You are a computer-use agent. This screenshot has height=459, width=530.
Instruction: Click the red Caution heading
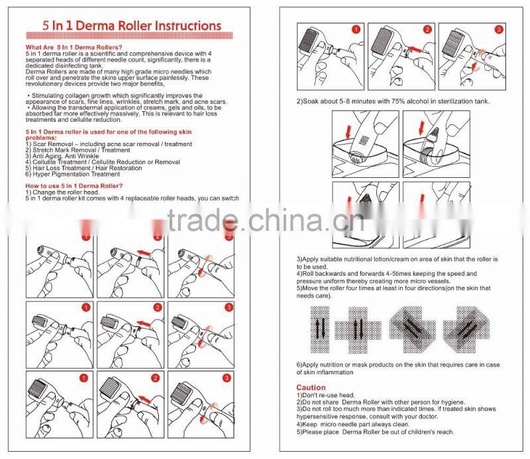pos(311,388)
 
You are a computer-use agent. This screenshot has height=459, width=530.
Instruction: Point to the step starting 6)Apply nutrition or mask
pos(397,365)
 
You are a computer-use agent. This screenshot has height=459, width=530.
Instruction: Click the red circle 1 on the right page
pos(355,30)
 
